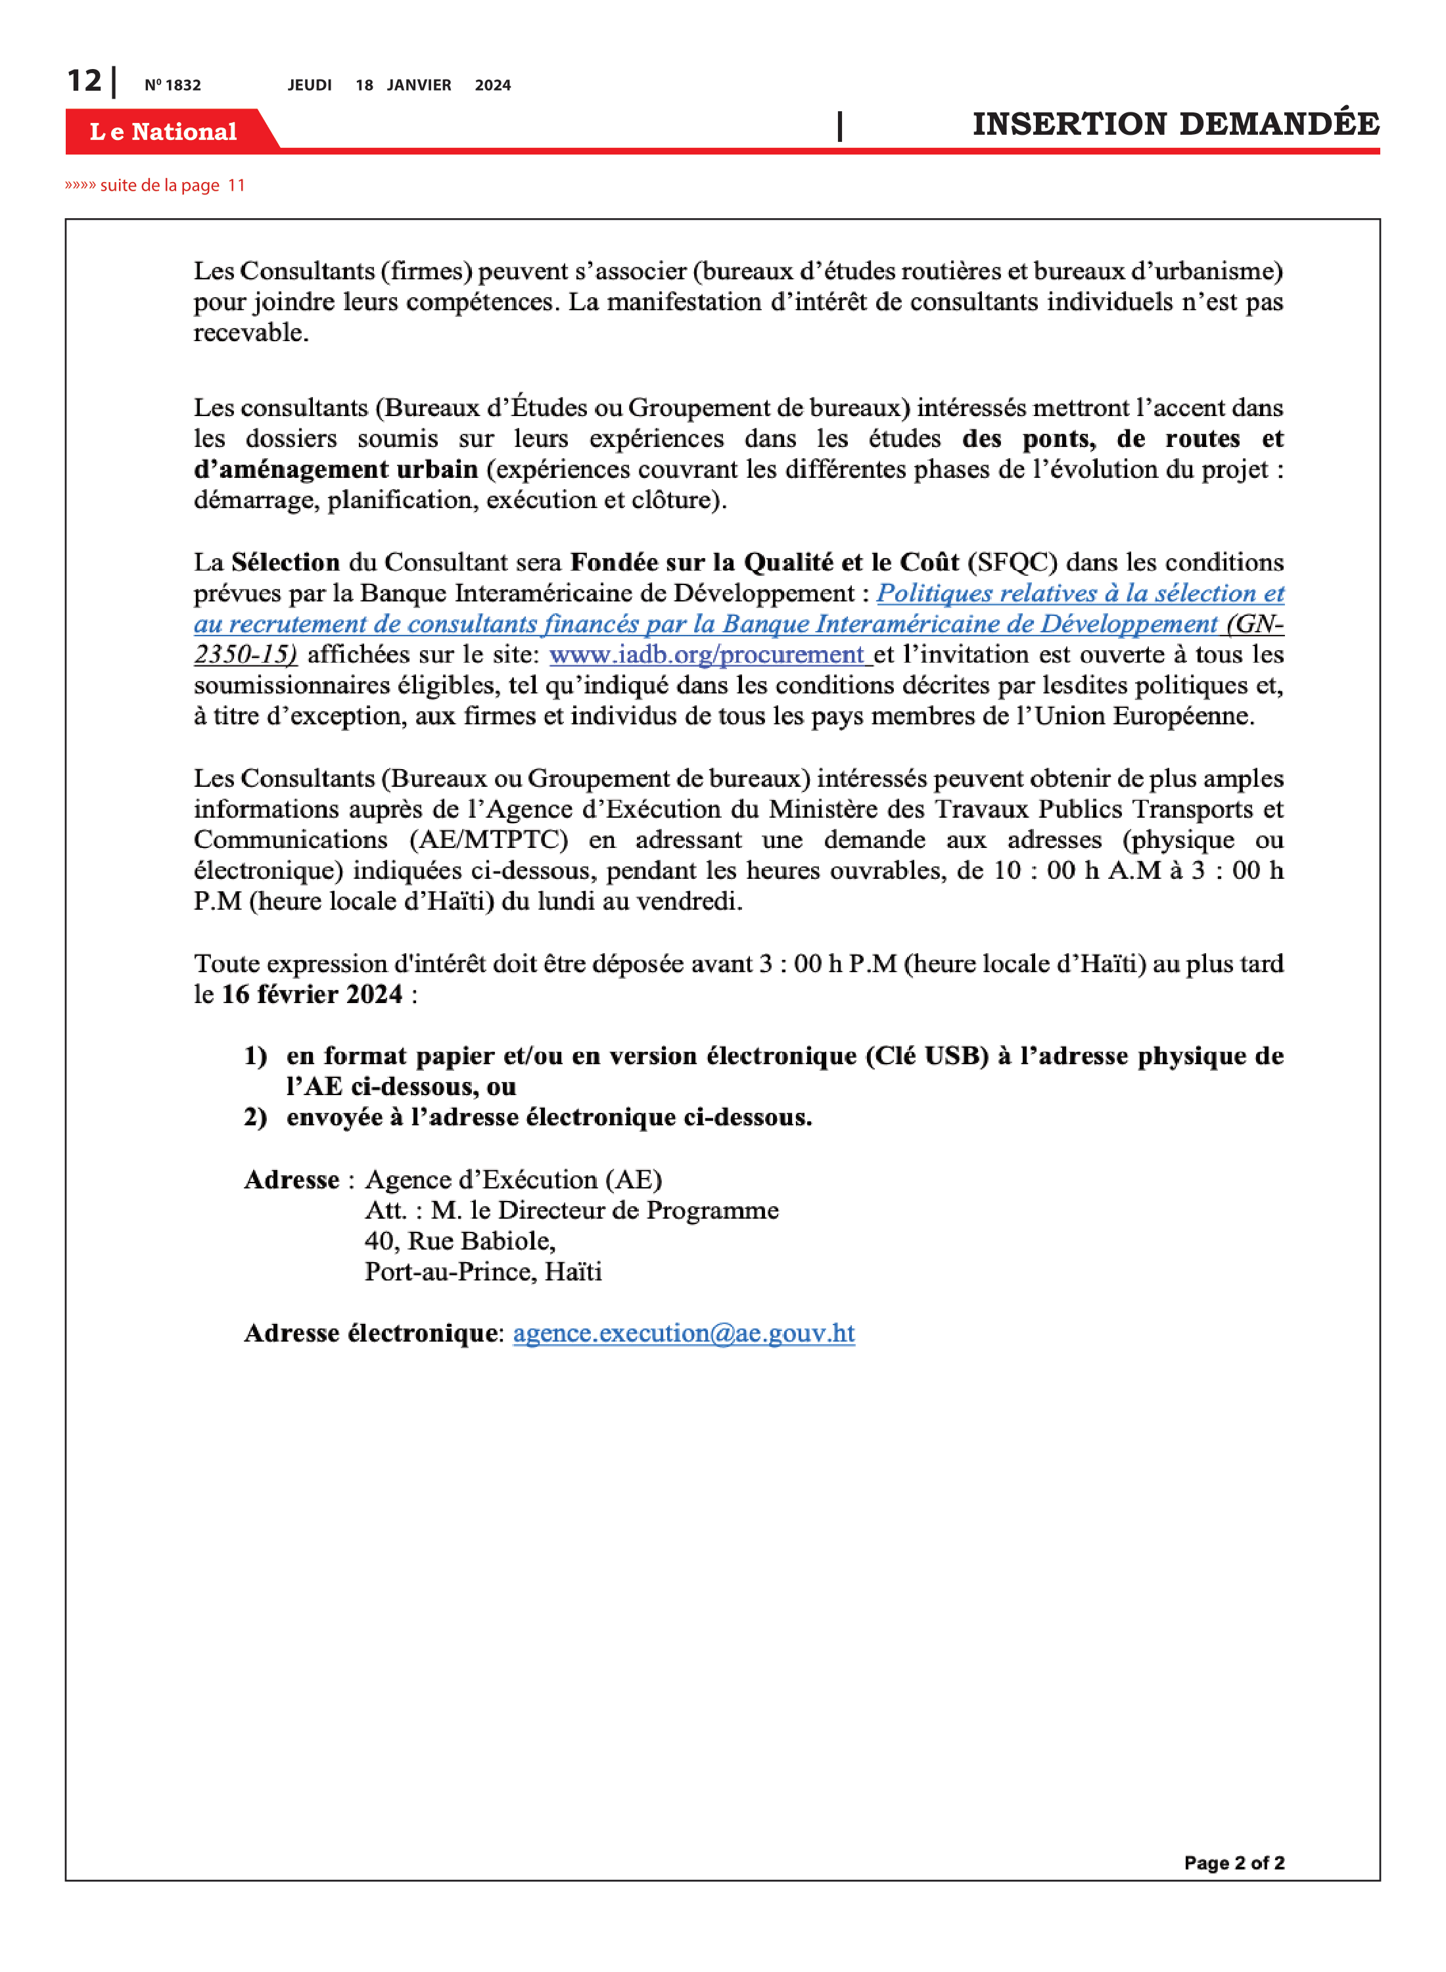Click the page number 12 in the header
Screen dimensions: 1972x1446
(84, 81)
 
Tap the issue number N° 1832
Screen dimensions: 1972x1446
(172, 85)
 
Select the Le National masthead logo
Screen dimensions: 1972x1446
(164, 131)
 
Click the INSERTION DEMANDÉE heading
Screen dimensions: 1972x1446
(1175, 124)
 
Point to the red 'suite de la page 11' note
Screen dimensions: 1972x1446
(155, 185)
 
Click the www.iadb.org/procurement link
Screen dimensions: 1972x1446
(707, 655)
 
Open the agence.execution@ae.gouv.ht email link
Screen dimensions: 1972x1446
(684, 1332)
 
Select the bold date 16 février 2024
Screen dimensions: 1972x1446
(312, 995)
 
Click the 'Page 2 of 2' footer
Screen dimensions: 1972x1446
(1233, 1863)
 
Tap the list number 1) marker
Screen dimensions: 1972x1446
(256, 1056)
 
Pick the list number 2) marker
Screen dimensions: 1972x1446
(256, 1117)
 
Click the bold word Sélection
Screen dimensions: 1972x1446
(285, 562)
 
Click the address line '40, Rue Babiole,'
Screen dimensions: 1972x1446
(459, 1240)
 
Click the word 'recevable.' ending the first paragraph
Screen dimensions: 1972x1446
(251, 333)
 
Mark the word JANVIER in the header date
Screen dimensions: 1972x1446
(419, 85)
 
